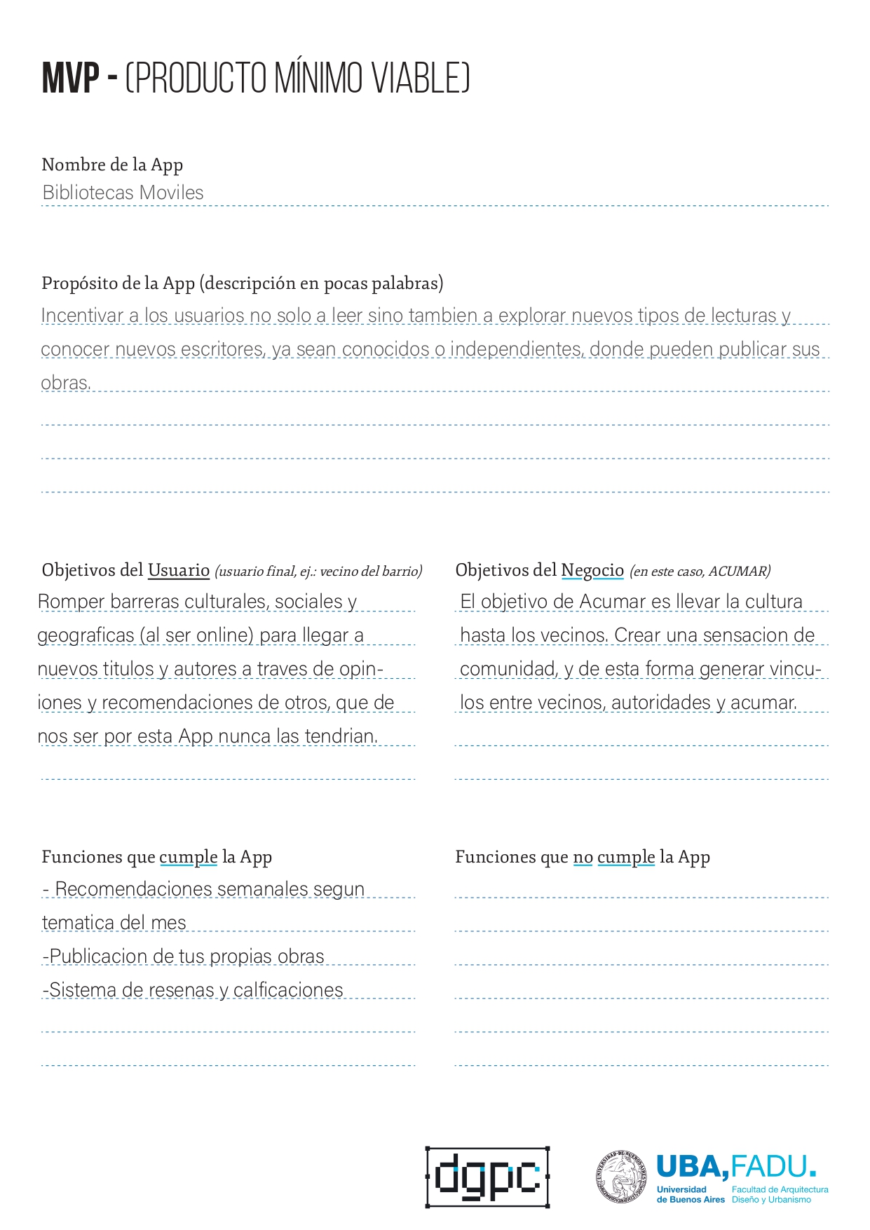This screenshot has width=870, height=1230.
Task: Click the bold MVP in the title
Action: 70,78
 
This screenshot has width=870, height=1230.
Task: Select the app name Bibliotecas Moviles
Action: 123,192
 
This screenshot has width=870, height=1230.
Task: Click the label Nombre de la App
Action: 112,165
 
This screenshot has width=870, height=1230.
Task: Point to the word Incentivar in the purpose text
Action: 82,316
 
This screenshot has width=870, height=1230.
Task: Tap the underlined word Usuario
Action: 179,570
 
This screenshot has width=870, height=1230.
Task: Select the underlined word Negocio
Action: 592,570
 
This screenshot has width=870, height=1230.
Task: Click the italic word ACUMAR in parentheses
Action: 738,572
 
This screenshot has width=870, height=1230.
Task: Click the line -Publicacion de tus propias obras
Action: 184,957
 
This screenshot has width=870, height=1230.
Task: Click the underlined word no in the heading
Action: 583,857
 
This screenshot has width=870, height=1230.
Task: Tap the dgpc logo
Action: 487,1177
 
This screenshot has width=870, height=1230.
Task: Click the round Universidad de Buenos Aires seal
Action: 621,1177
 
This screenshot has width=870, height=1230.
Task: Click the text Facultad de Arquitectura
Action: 780,1189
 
